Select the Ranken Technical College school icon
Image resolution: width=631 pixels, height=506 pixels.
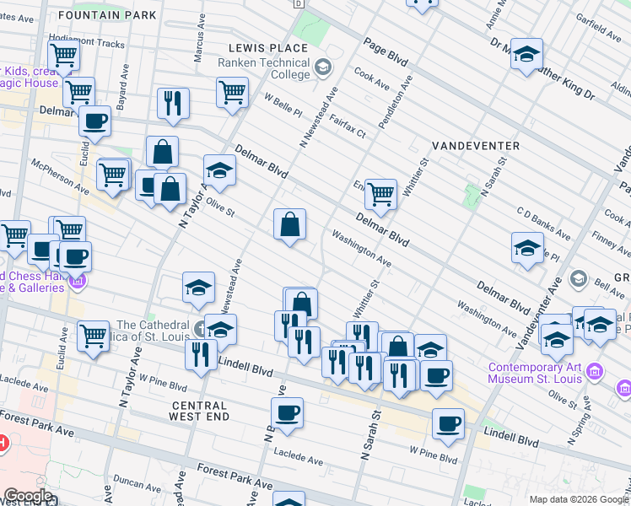[322, 67]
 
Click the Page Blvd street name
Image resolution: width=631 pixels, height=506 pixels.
[386, 52]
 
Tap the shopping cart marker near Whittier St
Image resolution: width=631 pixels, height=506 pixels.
[381, 193]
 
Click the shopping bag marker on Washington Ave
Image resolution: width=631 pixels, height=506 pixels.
[289, 224]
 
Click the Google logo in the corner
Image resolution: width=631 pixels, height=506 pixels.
[28, 496]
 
